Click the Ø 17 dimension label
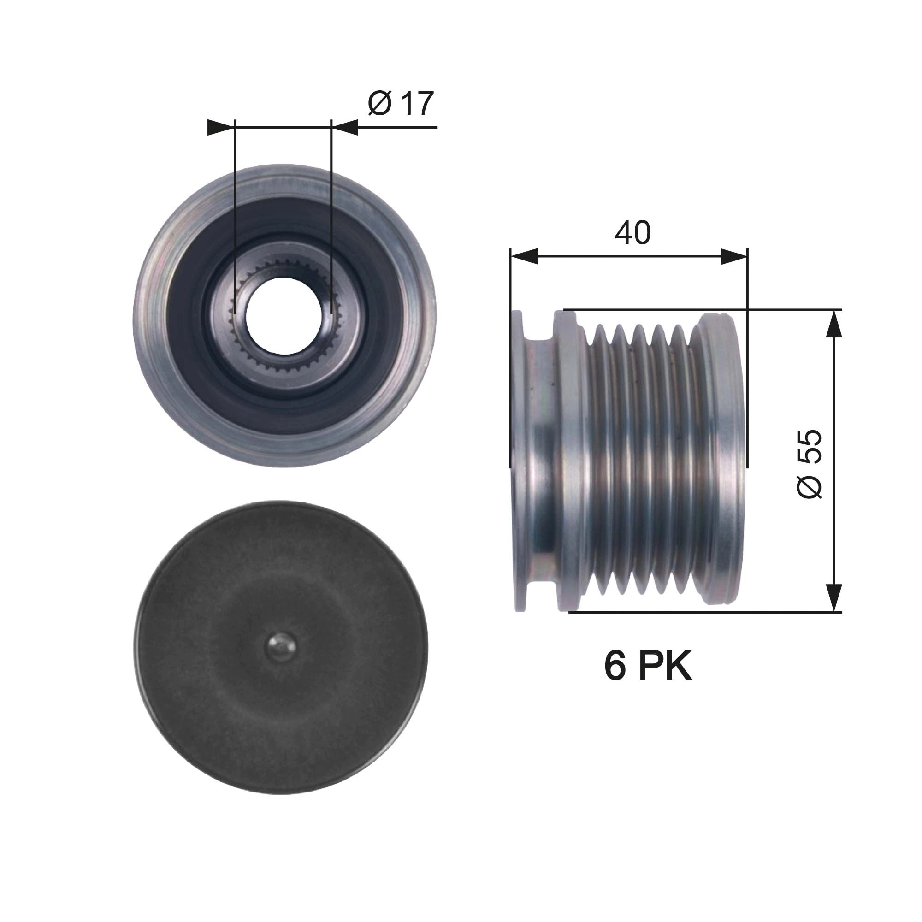point(401,104)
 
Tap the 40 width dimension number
point(632,233)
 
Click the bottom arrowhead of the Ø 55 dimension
point(833,597)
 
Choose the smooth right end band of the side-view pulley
point(721,461)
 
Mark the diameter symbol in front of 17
point(380,104)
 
